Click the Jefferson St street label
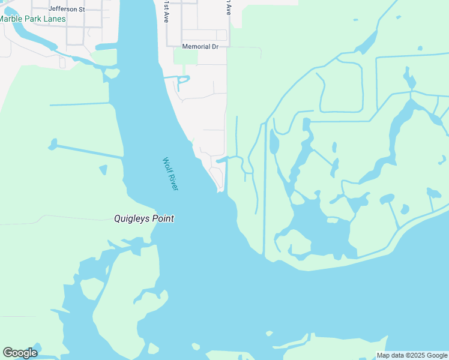pyautogui.click(x=67, y=10)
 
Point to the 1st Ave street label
pyautogui.click(x=166, y=11)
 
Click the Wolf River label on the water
pyautogui.click(x=170, y=174)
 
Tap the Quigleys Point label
pyautogui.click(x=144, y=218)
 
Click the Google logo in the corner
pyautogui.click(x=20, y=353)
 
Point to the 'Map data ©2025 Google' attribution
pyautogui.click(x=412, y=355)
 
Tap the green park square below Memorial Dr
pyautogui.click(x=185, y=56)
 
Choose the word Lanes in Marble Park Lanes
pyautogui.click(x=54, y=19)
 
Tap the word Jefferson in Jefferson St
pyautogui.click(x=63, y=10)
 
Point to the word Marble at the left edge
pyautogui.click(x=9, y=19)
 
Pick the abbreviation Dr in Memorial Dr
pyautogui.click(x=214, y=46)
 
